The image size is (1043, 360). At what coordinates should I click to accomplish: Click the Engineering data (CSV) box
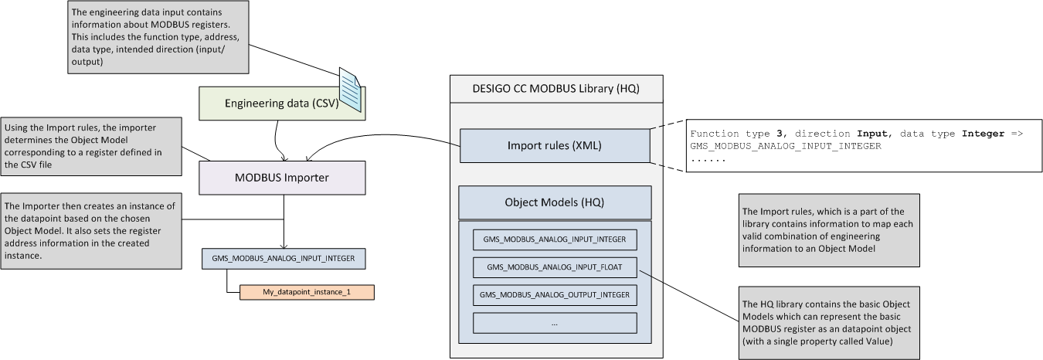pyautogui.click(x=270, y=104)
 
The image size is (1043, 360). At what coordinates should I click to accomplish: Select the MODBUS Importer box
pyautogui.click(x=281, y=178)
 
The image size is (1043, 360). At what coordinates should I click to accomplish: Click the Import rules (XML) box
pyautogui.click(x=555, y=145)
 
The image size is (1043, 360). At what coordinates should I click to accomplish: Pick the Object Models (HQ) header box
pyautogui.click(x=555, y=202)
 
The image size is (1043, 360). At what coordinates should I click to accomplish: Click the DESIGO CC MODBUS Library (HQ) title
pyautogui.click(x=555, y=88)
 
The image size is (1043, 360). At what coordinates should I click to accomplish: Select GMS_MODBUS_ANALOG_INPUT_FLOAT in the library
pyautogui.click(x=555, y=267)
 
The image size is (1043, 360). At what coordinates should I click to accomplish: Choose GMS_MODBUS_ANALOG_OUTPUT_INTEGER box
pyautogui.click(x=555, y=294)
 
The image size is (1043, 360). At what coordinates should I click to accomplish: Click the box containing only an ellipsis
pyautogui.click(x=555, y=323)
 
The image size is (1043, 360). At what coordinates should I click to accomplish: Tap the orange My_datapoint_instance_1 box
pyautogui.click(x=307, y=293)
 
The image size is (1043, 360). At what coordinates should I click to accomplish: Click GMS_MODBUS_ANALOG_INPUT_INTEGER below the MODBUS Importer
pyautogui.click(x=283, y=258)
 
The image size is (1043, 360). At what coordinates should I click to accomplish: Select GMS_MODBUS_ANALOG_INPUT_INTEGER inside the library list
pyautogui.click(x=555, y=239)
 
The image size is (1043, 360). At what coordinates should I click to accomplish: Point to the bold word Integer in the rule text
pyautogui.click(x=983, y=134)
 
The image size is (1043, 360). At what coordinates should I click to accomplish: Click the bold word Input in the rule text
pyautogui.click(x=872, y=134)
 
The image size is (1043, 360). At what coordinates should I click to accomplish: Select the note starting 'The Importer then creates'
pyautogui.click(x=92, y=230)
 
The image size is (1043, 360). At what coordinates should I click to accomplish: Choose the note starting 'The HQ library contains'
pyautogui.click(x=829, y=320)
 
